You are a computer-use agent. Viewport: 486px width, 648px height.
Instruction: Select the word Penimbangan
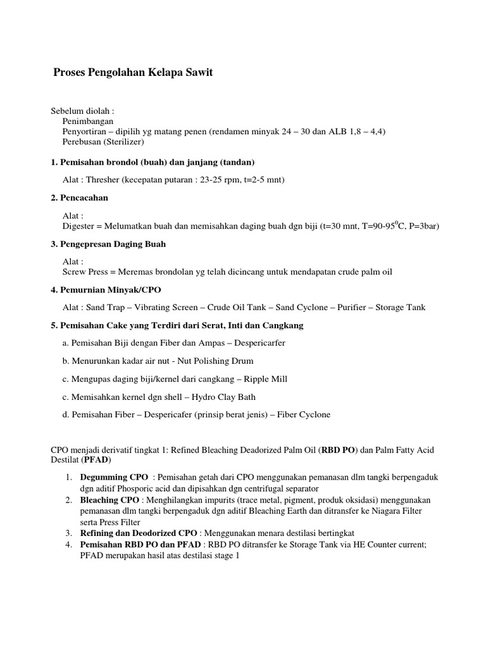pyautogui.click(x=88, y=120)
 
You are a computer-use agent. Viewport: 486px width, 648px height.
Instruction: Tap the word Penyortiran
pyautogui.click(x=87, y=131)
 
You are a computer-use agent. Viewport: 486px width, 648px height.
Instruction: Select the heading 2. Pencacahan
pyautogui.click(x=79, y=197)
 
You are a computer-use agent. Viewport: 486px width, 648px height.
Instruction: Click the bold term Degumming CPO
pyautogui.click(x=115, y=477)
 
